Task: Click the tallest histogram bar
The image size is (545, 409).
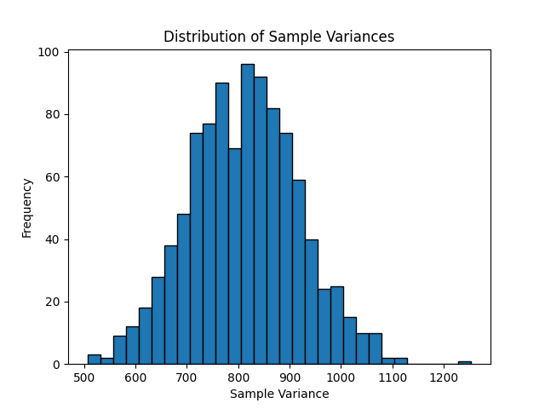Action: pos(247,214)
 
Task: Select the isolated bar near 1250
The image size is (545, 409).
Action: pos(464,362)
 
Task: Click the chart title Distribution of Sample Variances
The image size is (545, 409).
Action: pos(278,37)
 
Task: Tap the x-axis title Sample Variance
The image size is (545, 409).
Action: pos(279,394)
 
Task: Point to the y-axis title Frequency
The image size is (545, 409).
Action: pos(27,207)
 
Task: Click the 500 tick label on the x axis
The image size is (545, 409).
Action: pos(84,377)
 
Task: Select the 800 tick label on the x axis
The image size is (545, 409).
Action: pos(238,377)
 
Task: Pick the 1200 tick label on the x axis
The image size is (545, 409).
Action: pos(444,377)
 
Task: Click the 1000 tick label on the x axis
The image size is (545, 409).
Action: pos(341,377)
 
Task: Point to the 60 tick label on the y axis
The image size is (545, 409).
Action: pos(53,177)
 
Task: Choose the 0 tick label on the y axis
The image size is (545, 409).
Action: pos(56,365)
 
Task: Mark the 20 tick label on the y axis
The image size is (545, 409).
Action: pos(53,302)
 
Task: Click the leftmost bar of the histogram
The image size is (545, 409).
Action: pos(94,360)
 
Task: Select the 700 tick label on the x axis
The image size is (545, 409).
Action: pos(187,377)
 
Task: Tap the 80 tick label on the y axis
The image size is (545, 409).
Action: pos(53,114)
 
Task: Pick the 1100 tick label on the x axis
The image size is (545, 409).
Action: pos(393,377)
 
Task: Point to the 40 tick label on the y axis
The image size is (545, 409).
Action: pos(53,239)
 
